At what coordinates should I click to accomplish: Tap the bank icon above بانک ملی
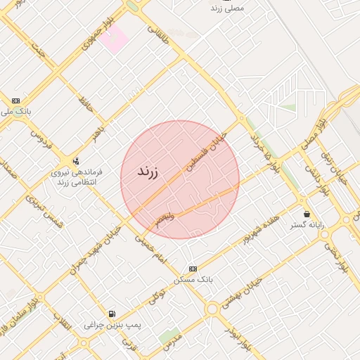15,101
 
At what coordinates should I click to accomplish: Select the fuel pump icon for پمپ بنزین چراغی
112,314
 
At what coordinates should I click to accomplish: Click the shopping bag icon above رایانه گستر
306,214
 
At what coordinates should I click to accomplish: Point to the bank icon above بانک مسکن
193,269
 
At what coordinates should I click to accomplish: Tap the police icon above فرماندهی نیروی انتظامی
76,161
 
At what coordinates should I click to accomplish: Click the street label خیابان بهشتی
241,293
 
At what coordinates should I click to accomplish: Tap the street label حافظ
86,106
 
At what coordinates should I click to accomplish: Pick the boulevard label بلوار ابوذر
237,338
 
